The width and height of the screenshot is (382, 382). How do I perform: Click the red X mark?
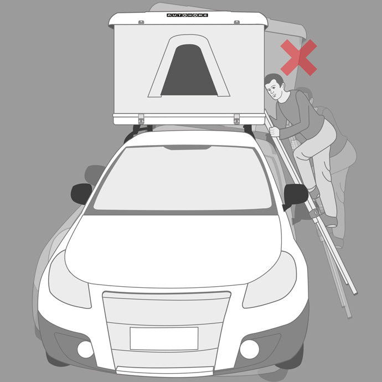(299, 58)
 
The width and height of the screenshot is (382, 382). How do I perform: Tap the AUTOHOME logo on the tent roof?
(187, 15)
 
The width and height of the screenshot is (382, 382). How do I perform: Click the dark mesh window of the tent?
(189, 70)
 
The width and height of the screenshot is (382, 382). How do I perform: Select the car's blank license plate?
(164, 338)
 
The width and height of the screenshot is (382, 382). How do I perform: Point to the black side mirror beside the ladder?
(296, 195)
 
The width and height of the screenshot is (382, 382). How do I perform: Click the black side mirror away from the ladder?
(81, 194)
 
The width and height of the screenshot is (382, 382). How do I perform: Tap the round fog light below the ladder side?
(250, 349)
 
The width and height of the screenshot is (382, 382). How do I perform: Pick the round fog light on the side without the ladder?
(85, 349)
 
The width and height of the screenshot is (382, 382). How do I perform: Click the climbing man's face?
(273, 89)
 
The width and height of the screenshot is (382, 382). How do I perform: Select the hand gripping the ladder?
(274, 132)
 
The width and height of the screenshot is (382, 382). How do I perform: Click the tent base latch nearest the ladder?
(236, 119)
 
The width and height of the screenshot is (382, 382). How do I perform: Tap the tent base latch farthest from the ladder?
(141, 119)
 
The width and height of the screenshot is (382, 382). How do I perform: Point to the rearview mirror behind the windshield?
(187, 148)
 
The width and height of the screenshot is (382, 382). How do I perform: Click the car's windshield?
(183, 178)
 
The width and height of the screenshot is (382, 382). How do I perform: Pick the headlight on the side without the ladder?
(69, 280)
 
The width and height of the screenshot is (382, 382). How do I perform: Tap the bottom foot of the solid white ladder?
(355, 292)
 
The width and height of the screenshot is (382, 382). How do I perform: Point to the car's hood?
(173, 251)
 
